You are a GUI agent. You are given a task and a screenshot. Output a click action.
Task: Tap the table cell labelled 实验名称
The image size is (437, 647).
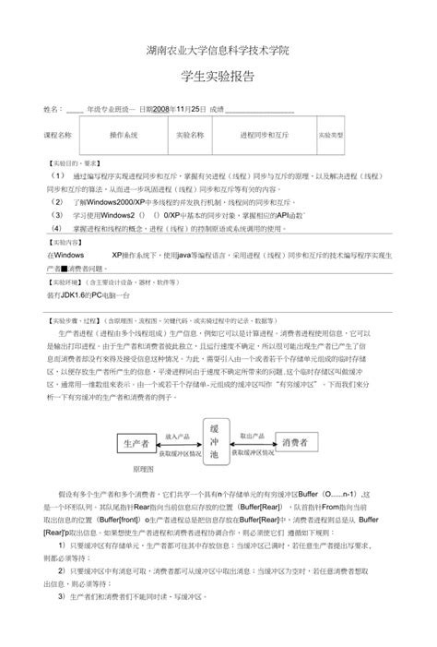(189, 135)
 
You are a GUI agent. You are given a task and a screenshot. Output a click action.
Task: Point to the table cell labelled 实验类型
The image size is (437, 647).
(331, 135)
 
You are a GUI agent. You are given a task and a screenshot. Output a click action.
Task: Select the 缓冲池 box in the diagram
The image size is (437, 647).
(213, 443)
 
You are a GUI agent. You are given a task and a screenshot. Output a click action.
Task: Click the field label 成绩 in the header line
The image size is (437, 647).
(218, 109)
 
